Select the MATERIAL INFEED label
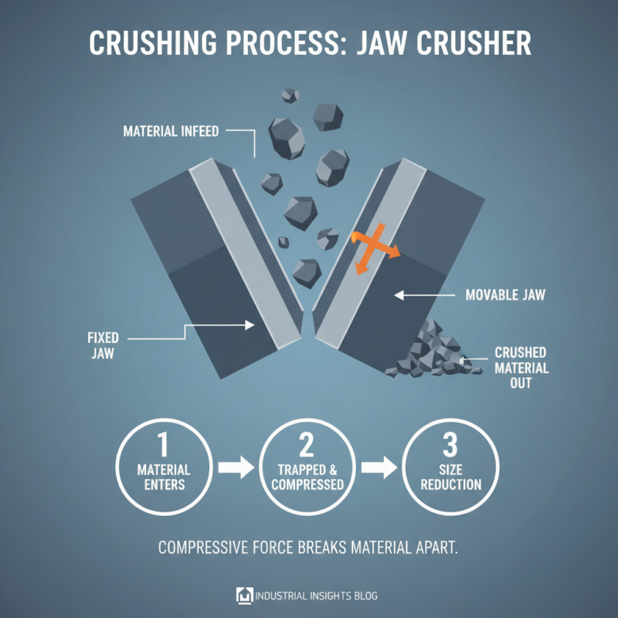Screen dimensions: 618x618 coord(171,132)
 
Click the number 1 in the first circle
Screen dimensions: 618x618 coord(163,446)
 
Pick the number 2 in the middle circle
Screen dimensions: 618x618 coord(307,446)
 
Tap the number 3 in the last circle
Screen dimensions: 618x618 coord(451,446)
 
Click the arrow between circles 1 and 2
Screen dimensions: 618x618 coord(235,468)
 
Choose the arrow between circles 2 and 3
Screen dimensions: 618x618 coord(379,468)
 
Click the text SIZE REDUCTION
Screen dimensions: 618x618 coord(451,477)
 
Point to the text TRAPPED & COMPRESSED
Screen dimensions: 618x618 coord(307,477)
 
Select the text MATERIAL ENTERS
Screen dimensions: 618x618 coord(163,477)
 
